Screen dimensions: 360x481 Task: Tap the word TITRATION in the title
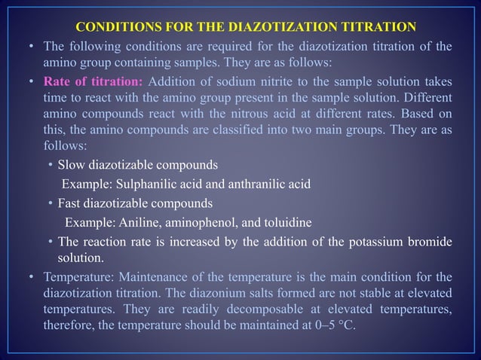point(378,28)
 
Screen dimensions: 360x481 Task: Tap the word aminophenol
point(201,222)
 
